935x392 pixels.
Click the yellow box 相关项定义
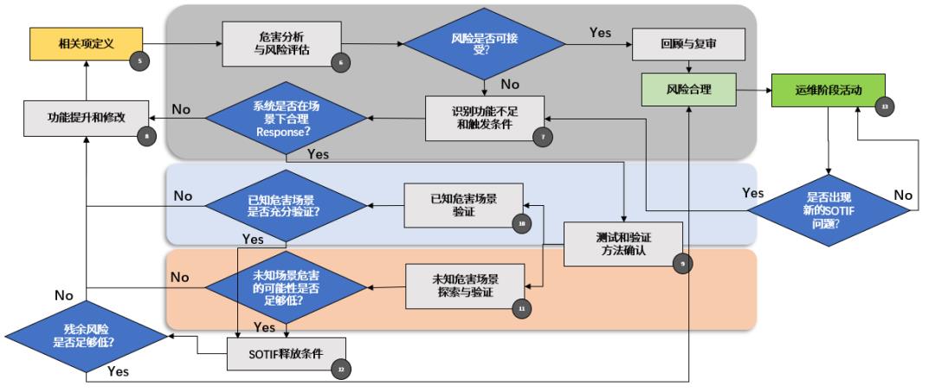pos(86,42)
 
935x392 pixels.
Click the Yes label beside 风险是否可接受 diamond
pos(600,33)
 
